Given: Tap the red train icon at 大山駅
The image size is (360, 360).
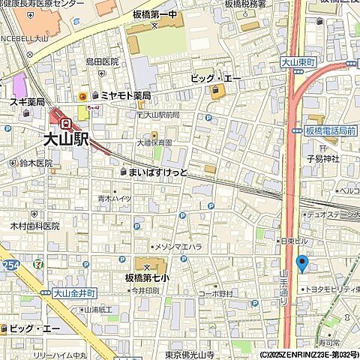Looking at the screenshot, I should (x=66, y=123).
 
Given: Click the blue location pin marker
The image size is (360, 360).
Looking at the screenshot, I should (x=302, y=263).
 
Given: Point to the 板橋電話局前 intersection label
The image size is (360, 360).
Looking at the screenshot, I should (x=331, y=132).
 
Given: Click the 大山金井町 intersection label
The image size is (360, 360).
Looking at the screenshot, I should (x=76, y=294).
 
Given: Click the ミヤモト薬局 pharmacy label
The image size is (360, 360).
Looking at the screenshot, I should (x=125, y=95).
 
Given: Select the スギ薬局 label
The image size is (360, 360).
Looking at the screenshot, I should (x=26, y=101).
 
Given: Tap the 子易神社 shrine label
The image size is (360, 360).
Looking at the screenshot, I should (x=323, y=158).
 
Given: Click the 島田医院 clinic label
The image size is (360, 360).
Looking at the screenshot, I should (x=102, y=61).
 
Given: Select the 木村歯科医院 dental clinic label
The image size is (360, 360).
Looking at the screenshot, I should (x=34, y=225).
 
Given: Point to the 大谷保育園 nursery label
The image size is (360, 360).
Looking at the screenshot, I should (x=154, y=142).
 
